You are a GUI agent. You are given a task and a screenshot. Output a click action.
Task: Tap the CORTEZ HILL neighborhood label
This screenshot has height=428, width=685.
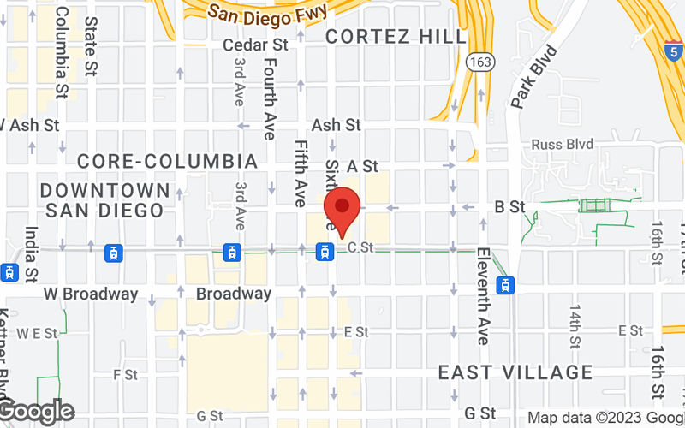pyautogui.click(x=396, y=36)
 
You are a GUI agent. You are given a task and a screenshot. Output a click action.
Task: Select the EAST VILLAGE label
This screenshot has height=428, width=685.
pyautogui.click(x=515, y=372)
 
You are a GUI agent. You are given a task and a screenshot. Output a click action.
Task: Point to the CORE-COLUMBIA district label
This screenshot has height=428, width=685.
pyautogui.click(x=167, y=161)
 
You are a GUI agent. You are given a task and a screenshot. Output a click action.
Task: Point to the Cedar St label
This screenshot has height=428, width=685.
pyautogui.click(x=255, y=45)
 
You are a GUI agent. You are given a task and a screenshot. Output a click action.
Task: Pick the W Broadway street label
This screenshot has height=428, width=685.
pyautogui.click(x=91, y=294)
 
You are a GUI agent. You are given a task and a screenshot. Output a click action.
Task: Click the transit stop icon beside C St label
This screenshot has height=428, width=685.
pyautogui.click(x=325, y=252)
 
